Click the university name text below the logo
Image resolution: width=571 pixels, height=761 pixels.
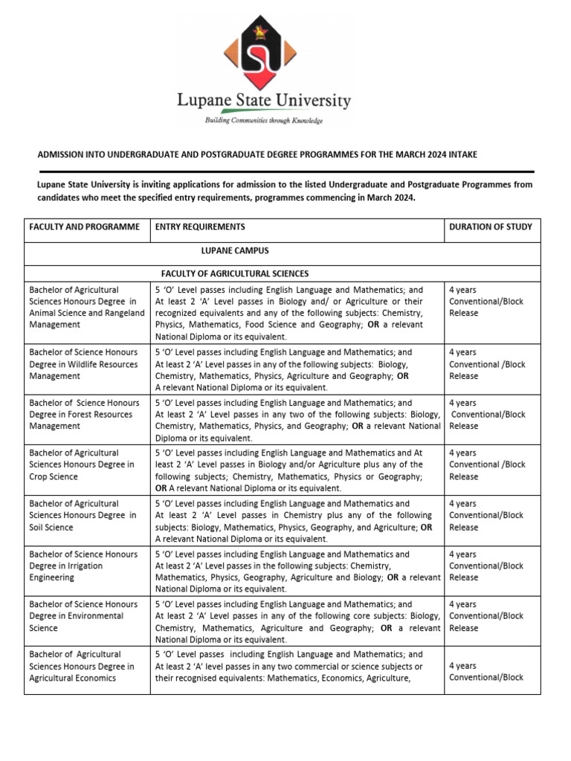point(264,100)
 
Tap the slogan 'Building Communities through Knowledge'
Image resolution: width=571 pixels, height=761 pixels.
point(264,120)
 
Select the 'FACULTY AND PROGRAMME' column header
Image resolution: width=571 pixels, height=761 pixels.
point(84,227)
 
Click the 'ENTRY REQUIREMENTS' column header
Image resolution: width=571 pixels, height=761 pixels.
point(200,227)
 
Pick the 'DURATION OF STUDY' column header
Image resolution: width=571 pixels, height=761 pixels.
point(491,227)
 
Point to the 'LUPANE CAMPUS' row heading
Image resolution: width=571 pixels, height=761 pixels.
point(235,251)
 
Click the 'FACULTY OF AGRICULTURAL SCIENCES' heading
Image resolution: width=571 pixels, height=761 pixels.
point(235,273)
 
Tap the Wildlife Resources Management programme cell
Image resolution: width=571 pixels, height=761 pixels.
point(83,364)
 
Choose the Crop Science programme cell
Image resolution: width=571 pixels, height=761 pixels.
point(82,464)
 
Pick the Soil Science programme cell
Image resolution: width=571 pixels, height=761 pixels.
point(83,515)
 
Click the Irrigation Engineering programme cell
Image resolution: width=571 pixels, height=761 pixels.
point(83,566)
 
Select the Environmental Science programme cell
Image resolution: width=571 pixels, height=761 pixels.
point(83,616)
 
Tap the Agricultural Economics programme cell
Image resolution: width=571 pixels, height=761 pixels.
point(82,667)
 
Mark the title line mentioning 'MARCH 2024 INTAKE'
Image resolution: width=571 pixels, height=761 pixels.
point(257,155)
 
